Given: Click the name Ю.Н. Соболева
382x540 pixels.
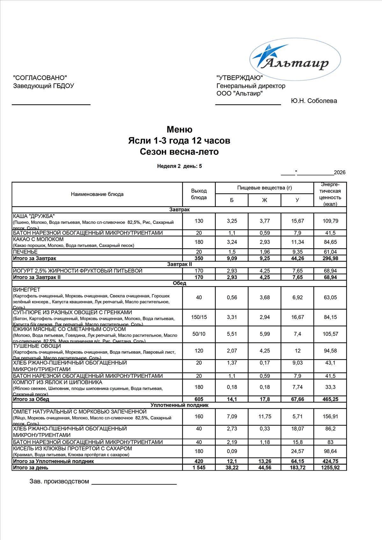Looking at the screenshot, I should click(x=314, y=101).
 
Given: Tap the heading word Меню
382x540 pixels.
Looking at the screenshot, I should click(x=179, y=130).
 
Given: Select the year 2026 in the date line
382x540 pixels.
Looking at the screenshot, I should click(x=340, y=173).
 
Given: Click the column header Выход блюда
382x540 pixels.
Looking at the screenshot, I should click(x=199, y=194).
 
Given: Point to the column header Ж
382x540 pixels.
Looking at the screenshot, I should click(x=264, y=200).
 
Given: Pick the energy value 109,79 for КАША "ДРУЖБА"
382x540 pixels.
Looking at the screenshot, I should click(x=330, y=221).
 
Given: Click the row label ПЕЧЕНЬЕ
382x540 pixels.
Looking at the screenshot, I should click(x=25, y=252).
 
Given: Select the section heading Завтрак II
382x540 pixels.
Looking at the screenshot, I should click(x=179, y=264).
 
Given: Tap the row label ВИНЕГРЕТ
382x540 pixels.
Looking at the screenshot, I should click(x=27, y=290).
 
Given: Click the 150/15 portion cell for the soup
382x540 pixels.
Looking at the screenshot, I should click(x=199, y=317).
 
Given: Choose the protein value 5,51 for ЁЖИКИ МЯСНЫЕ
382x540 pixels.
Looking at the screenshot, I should click(x=232, y=334).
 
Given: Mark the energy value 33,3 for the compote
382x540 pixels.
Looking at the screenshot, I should click(x=330, y=387).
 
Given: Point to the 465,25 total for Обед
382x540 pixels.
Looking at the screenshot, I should click(x=330, y=399).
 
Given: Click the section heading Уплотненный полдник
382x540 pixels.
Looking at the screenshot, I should click(x=179, y=405).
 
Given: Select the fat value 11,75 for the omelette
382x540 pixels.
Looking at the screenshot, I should click(x=265, y=416).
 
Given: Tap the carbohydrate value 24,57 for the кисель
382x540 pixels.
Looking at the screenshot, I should click(x=298, y=451).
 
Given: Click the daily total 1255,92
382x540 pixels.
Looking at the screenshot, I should click(x=330, y=468).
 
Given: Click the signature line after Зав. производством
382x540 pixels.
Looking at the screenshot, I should click(x=134, y=484).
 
